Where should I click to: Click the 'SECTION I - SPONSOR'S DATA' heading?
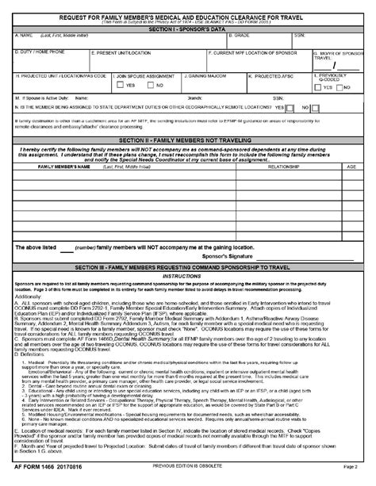click(187, 29)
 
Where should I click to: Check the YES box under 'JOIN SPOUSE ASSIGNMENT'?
click(121, 85)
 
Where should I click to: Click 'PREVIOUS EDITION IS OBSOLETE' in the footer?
click(187, 479)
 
